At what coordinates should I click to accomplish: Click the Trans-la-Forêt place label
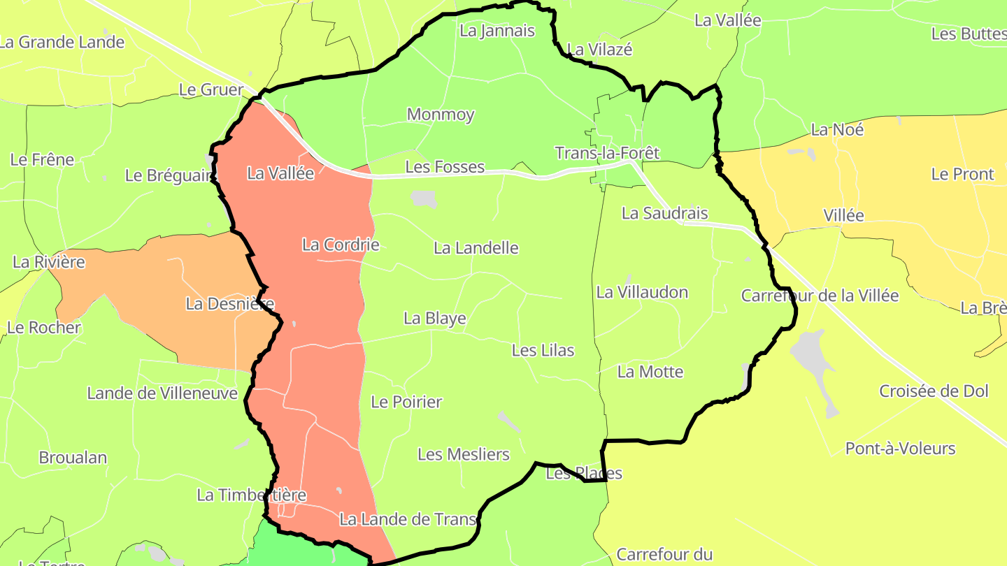pos(607,152)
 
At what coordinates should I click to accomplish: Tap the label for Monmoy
pos(441,114)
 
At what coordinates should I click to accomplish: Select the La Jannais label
pos(497,31)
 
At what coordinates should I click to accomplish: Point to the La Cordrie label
pos(341,245)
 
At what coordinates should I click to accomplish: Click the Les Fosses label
pos(445,167)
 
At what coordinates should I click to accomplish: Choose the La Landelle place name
pos(476,248)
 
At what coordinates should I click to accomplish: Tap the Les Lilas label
pos(543,350)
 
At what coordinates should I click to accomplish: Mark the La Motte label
pos(650,372)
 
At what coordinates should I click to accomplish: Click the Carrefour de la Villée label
pos(820,296)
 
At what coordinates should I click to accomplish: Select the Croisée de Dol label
pos(934,391)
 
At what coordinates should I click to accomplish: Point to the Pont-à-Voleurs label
pos(900,449)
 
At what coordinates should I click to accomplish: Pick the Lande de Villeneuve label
pos(162,393)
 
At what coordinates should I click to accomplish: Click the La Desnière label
pos(230,304)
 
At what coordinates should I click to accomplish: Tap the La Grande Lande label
pos(62,42)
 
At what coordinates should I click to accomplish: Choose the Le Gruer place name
pos(211,90)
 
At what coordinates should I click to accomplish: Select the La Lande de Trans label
pos(408,519)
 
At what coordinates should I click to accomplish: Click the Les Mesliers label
pos(464,454)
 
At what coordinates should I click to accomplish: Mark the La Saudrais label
pos(664,214)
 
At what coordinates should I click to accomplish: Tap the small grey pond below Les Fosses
pos(424,199)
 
